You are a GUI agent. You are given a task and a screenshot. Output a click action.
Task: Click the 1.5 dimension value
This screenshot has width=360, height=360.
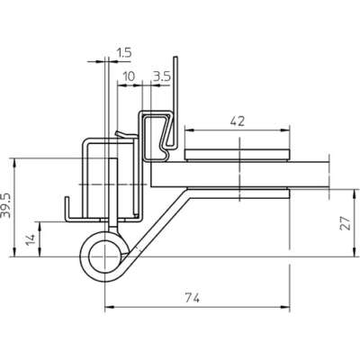click(124, 53)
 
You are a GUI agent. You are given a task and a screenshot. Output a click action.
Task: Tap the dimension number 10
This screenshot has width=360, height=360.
click(129, 76)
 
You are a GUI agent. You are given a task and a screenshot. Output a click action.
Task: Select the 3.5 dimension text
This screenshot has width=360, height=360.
click(162, 76)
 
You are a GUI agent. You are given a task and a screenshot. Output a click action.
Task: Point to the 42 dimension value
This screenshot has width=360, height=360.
click(238, 121)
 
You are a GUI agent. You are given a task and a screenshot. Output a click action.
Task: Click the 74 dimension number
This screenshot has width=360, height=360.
click(192, 298)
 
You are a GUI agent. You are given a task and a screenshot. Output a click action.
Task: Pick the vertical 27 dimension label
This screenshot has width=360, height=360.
click(346, 223)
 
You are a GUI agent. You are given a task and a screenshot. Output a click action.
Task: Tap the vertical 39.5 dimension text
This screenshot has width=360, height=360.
click(5, 205)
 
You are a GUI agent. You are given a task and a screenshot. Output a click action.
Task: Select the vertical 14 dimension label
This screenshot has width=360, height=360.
click(31, 239)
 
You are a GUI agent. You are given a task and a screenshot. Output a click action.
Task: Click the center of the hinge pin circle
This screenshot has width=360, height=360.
click(104, 256)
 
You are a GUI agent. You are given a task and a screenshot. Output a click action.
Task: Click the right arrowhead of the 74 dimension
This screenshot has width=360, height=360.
click(285, 307)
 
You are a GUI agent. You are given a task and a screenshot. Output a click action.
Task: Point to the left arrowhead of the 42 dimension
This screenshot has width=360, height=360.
click(189, 130)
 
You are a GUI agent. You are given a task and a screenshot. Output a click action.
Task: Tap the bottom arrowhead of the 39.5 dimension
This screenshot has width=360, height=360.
click(14, 252)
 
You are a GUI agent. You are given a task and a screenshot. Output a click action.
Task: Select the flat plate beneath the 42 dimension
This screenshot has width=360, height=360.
click(238, 154)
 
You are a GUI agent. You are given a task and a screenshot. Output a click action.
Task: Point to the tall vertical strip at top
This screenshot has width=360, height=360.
click(175, 102)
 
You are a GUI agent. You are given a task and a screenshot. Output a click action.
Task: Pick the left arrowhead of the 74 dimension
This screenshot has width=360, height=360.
click(110, 307)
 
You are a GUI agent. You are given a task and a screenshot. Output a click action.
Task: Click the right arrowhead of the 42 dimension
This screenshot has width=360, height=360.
click(285, 130)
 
